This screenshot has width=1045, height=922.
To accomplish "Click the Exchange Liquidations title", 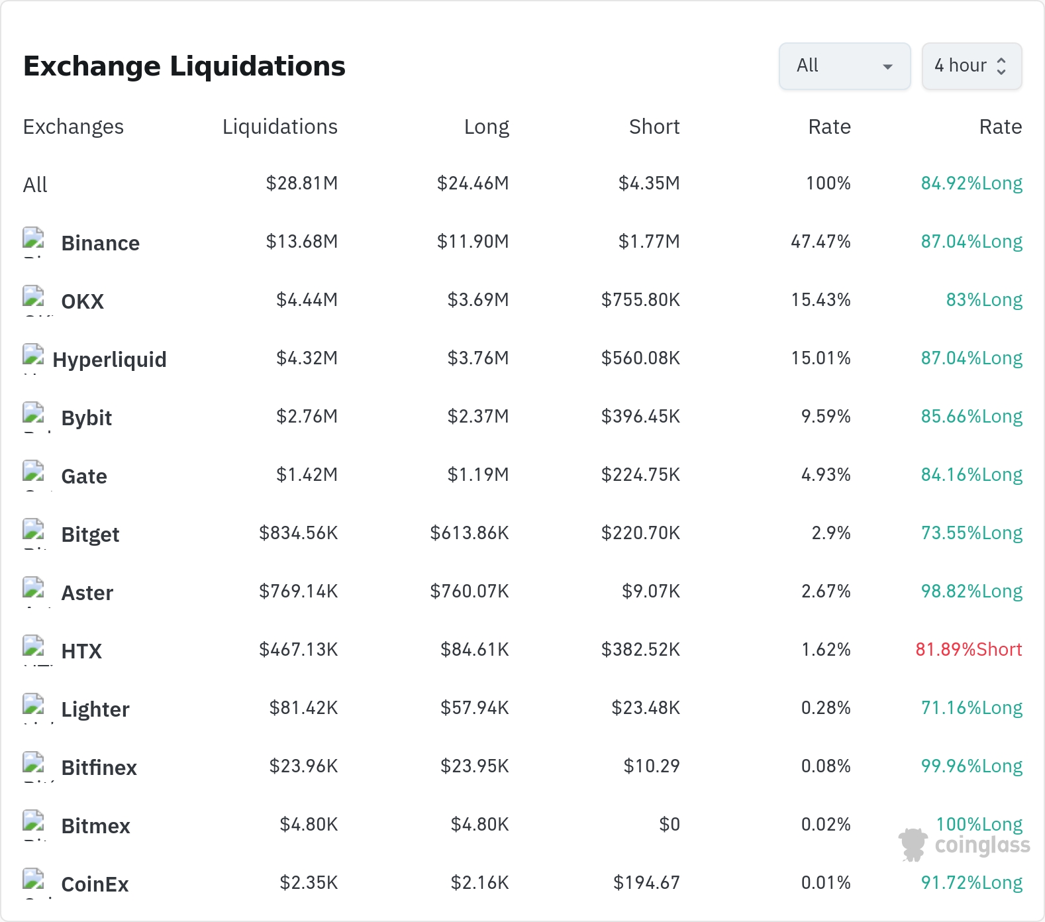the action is click(x=184, y=66).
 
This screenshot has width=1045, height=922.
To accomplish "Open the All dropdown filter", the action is click(x=844, y=66).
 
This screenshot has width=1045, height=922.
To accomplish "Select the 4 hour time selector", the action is click(x=971, y=66).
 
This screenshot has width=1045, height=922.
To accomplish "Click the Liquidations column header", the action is click(x=280, y=127).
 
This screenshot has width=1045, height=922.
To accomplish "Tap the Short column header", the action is click(x=654, y=127).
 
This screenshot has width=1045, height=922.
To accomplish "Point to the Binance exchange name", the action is click(x=101, y=243).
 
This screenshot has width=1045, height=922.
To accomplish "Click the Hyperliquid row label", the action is click(x=110, y=360).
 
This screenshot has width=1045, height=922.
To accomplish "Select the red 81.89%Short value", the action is click(x=969, y=649).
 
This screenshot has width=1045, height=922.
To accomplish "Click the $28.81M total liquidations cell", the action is click(x=302, y=183).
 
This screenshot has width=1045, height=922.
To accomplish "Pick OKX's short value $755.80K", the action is click(x=640, y=299).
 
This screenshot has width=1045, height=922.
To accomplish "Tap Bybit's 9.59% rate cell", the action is click(x=826, y=416).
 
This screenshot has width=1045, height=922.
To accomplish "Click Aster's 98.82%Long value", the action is click(x=971, y=591).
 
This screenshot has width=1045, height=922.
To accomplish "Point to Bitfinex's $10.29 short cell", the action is click(x=652, y=766).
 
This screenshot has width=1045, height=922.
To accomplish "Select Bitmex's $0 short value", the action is click(x=670, y=824).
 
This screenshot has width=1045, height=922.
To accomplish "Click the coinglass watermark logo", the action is click(x=964, y=845).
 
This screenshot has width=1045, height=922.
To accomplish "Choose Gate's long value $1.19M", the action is click(x=478, y=474).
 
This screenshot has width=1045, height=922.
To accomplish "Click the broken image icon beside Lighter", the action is click(x=34, y=705).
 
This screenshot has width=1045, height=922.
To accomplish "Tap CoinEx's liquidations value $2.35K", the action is click(x=309, y=882).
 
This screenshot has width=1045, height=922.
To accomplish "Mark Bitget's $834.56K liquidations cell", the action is click(x=299, y=533).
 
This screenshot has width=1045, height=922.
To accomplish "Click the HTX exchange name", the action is click(x=81, y=651).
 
